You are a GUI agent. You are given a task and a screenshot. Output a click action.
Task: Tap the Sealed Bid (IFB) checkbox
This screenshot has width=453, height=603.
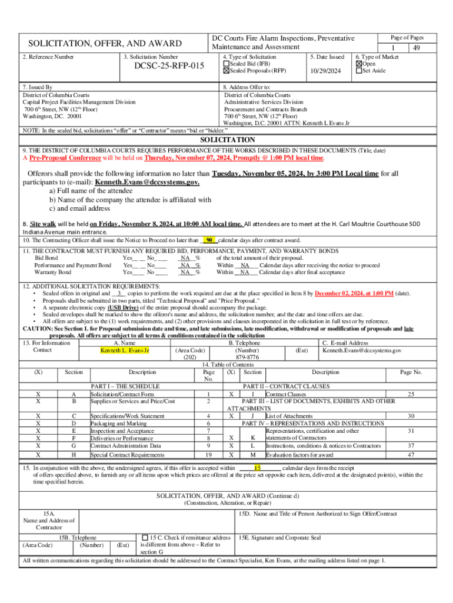coord(226,64)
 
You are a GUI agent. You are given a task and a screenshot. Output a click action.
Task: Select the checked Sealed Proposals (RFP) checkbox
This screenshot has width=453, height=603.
coord(226,71)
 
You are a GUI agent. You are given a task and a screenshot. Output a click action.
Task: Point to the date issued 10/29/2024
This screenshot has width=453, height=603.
coord(325,71)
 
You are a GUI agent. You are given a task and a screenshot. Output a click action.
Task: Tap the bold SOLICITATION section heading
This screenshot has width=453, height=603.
coord(228,140)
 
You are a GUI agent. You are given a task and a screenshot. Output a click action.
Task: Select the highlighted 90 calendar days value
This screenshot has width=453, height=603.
coord(209,240)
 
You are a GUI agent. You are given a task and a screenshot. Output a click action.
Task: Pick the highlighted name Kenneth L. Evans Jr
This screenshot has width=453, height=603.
coord(125,351)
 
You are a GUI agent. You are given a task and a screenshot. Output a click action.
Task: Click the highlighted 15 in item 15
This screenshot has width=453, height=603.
coord(257,468)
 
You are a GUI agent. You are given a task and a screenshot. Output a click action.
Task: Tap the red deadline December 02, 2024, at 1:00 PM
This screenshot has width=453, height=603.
coord(354,293)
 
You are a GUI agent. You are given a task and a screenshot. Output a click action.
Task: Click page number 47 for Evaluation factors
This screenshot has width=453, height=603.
coord(411,455)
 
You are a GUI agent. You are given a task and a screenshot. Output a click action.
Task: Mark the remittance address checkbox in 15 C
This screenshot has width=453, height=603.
coord(145,538)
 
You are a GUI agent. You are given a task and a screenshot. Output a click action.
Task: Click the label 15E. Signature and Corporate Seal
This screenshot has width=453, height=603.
coord(279,538)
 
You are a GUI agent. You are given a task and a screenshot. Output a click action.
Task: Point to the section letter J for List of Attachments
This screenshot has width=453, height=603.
coord(252,416)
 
